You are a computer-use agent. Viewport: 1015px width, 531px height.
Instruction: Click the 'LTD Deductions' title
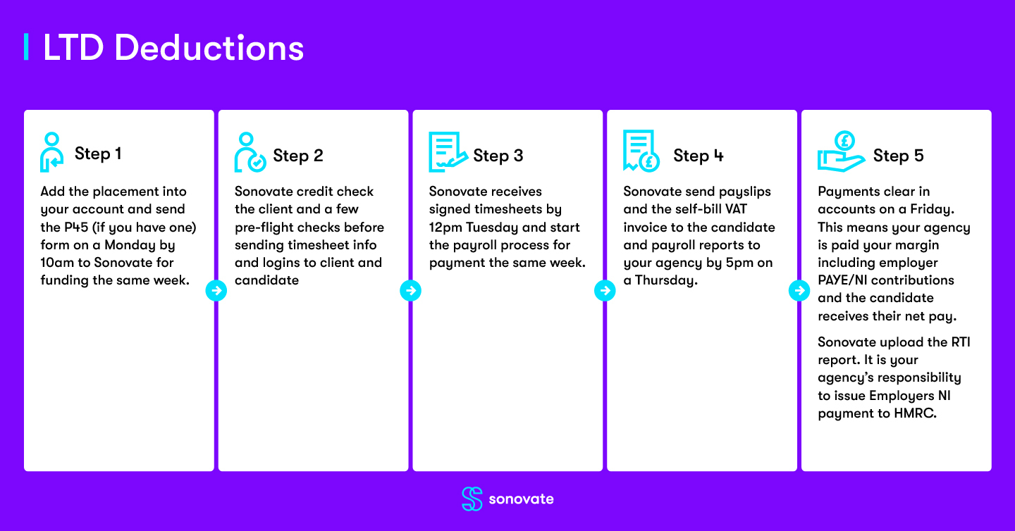coord(173,47)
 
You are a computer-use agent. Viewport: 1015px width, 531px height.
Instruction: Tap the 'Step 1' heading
coord(98,154)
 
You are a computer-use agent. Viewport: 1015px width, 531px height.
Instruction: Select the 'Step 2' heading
coord(297,156)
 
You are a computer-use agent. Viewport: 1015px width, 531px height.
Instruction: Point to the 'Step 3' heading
coord(498,156)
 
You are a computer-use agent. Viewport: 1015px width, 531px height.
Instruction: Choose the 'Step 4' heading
coord(699,156)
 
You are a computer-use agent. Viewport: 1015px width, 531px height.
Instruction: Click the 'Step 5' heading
coord(898,156)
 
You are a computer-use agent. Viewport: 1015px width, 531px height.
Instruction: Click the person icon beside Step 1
coord(52,152)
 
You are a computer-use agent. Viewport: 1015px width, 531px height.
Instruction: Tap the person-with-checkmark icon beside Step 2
coord(250,152)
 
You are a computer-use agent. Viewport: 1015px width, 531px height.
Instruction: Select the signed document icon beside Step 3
coord(448,152)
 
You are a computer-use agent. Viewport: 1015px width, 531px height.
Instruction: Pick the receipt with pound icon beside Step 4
coord(641,151)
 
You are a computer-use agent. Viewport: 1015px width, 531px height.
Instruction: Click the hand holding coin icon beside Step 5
coord(841,151)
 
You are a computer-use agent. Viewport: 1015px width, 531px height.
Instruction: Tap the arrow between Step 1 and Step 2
coord(216,291)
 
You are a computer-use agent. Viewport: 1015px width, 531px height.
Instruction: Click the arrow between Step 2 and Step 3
coord(410,291)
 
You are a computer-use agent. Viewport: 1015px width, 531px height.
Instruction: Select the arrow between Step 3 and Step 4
coord(605,291)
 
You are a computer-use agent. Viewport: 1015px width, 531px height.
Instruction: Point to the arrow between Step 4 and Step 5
coord(799,291)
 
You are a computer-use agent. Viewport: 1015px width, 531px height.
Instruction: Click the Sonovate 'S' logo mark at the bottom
coord(472,499)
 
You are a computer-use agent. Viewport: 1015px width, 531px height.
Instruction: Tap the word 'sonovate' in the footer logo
coord(521,499)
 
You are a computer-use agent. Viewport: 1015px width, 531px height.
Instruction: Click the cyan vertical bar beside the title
coord(26,46)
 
